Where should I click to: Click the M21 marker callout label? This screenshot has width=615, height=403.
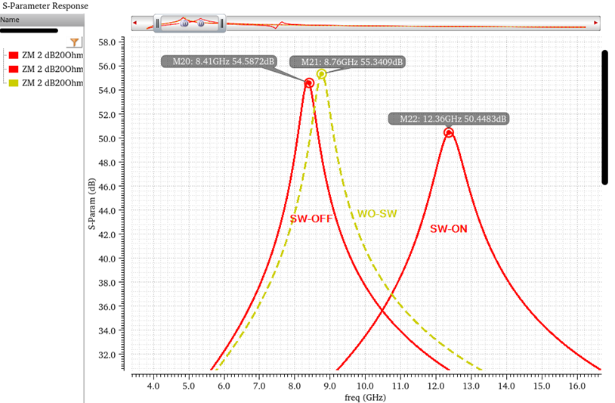point(353,62)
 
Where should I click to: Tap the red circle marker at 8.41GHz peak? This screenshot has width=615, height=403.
point(309,82)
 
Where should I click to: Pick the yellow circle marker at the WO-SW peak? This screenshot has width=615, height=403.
point(322,74)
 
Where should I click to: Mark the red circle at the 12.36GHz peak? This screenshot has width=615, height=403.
point(449,132)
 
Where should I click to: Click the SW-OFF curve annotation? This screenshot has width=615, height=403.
point(311,219)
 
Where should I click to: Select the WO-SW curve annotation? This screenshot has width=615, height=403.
point(378,213)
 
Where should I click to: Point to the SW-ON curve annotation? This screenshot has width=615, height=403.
point(449,228)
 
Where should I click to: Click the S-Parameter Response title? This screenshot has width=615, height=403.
point(45,6)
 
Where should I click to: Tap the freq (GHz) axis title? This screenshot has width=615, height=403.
point(364,397)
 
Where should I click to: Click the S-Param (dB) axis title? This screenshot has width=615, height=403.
point(91,205)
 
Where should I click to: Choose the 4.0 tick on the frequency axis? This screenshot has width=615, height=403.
point(153,386)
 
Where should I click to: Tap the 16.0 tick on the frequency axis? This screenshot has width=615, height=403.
point(576,386)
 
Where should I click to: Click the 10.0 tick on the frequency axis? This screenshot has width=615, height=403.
point(365,386)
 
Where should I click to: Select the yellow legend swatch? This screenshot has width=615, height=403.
point(13,82)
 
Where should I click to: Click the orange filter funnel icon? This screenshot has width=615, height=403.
point(74,43)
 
